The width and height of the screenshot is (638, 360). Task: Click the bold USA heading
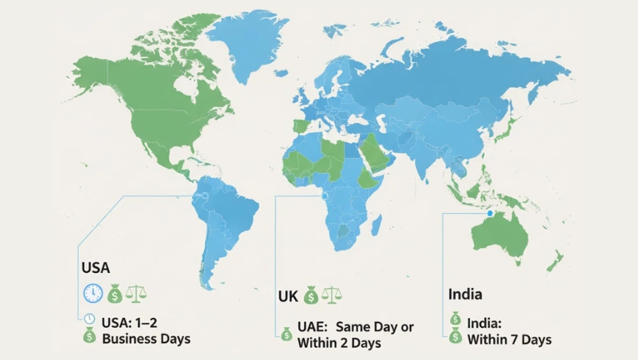(95, 268)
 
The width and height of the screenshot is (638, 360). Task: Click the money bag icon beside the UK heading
(311, 297)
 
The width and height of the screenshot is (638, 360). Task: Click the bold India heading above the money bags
(465, 294)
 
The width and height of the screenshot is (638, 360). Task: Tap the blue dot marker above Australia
(490, 214)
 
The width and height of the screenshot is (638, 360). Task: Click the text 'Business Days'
(146, 339)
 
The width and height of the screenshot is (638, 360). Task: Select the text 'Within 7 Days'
(509, 340)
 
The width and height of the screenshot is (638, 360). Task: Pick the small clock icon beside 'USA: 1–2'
(89, 318)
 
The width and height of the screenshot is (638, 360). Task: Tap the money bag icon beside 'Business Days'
(89, 338)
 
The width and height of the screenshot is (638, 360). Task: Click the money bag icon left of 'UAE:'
(286, 334)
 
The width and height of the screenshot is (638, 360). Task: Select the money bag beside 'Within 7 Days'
(455, 339)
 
